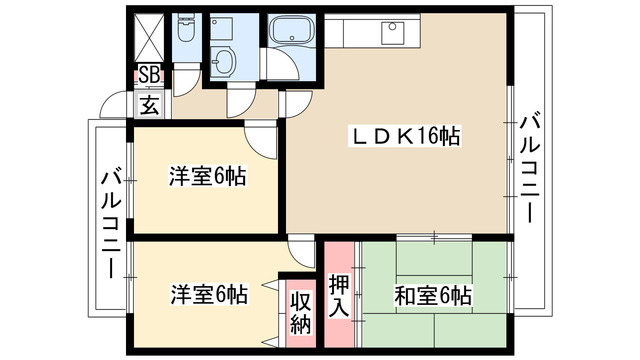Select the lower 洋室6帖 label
tap(207, 295)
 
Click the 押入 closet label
tap(339, 294)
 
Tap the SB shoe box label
tap(148, 74)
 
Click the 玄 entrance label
tap(148, 104)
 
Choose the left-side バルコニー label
tap(113, 221)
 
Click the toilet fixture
tap(185, 33)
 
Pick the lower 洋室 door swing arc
tap(300, 251)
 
